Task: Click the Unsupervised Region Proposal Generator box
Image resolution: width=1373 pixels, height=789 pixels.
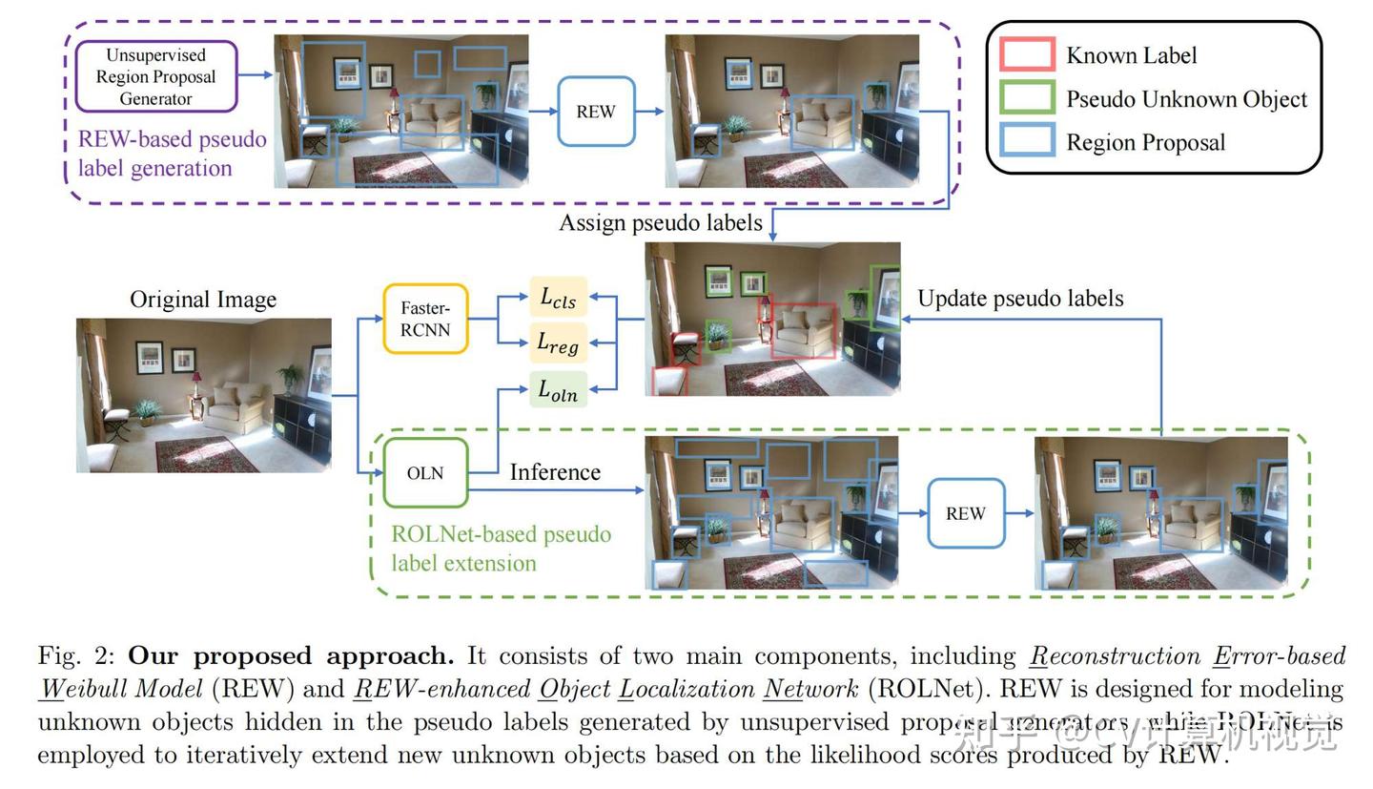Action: click(x=156, y=76)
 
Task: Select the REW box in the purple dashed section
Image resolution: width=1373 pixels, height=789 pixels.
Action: click(x=596, y=112)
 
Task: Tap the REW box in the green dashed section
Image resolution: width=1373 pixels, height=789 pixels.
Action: click(x=966, y=513)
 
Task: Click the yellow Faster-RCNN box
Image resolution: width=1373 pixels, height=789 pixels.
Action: click(x=425, y=319)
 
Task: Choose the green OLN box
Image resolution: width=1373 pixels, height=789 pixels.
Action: click(x=425, y=473)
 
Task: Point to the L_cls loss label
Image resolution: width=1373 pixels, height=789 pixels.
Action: click(x=558, y=298)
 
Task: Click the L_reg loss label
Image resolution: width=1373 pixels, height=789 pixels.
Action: click(x=558, y=343)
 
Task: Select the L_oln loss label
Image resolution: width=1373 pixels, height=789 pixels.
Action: click(x=558, y=389)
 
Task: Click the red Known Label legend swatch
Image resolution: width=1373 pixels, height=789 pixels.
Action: click(x=1027, y=54)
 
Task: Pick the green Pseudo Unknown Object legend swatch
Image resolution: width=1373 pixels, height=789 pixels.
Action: click(x=1027, y=98)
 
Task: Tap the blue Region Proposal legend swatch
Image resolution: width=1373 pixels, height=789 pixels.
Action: click(x=1027, y=141)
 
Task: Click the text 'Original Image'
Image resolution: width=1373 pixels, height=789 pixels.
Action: click(x=203, y=300)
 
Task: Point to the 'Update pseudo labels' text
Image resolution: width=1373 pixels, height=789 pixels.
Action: click(x=1020, y=298)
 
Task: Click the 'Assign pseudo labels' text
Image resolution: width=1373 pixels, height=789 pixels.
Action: click(x=661, y=222)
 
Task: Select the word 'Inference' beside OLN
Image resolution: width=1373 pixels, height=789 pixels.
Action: click(x=555, y=472)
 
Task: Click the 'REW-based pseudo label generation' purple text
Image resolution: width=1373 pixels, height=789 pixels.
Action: click(x=172, y=154)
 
